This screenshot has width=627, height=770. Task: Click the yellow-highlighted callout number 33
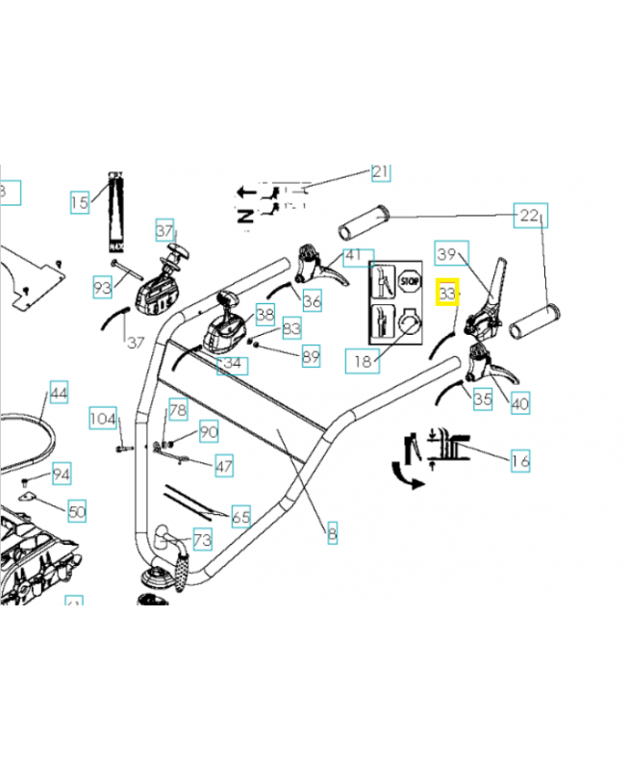coord(447,292)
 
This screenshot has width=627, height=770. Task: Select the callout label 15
coord(79,202)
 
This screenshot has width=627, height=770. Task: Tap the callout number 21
coord(381,172)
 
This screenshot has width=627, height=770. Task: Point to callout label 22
coord(530,216)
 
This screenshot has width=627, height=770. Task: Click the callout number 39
coord(446,254)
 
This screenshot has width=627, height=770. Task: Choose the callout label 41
coord(355,256)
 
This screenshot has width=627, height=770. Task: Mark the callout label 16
coord(519,461)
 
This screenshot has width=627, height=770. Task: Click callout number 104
coord(103,419)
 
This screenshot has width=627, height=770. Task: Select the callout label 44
coord(59,393)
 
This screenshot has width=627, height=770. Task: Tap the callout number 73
coord(203,539)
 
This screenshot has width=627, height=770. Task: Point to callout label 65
coord(240,518)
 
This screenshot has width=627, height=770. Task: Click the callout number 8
coord(332,532)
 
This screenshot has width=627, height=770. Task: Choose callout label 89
coord(311,357)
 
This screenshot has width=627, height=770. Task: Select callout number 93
coord(103,286)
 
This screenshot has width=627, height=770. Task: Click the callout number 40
coord(519,404)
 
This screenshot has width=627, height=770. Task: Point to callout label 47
coord(224,467)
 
